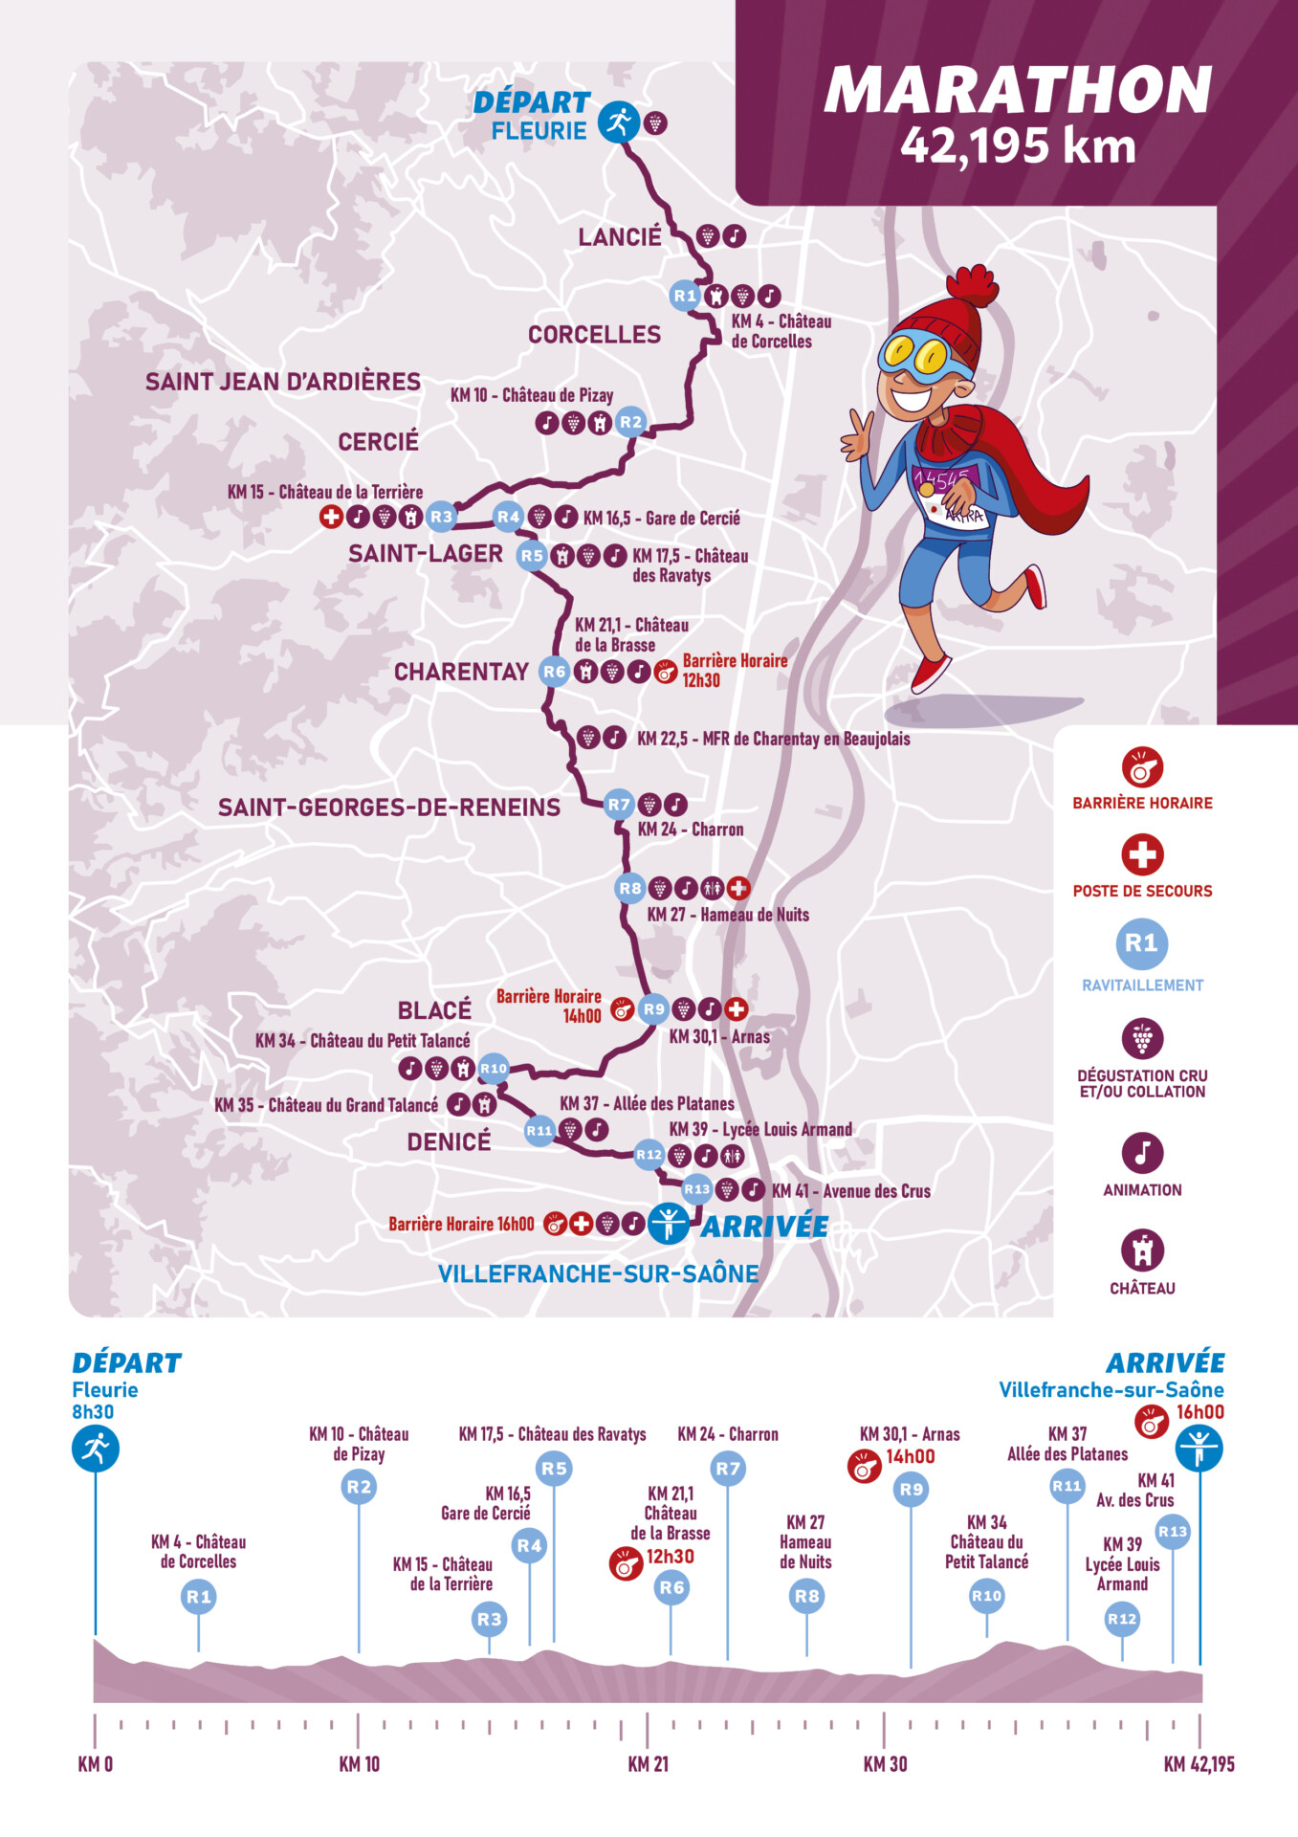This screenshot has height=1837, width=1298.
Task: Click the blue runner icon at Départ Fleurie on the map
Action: coord(619,122)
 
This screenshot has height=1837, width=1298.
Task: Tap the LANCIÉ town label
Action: coord(620,237)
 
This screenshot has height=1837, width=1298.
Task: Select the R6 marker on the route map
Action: coord(555,672)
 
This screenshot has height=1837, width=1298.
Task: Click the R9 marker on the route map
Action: coord(653,1009)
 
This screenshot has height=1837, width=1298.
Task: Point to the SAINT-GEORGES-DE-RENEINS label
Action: coord(389,808)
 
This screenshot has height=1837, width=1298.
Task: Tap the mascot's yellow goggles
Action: coord(915,355)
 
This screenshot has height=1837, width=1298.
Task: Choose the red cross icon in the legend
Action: coord(1142,854)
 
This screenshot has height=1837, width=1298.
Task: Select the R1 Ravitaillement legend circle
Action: coord(1141,944)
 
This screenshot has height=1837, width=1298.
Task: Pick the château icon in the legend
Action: coord(1142,1250)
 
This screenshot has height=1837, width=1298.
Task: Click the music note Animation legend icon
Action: coord(1142,1153)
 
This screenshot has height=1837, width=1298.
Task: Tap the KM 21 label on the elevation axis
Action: coord(648,1764)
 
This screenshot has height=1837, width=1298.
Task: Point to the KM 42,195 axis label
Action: coord(1199,1764)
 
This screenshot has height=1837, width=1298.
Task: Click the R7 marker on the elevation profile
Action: coord(728,1469)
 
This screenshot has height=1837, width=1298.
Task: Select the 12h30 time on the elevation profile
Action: coord(671,1557)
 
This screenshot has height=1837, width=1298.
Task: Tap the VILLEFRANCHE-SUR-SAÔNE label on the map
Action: coord(598,1274)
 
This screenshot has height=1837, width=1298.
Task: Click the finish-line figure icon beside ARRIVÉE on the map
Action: coord(668,1224)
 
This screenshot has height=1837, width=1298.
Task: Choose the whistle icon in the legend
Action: coord(1142,767)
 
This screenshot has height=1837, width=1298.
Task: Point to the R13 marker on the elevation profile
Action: coord(1173,1532)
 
